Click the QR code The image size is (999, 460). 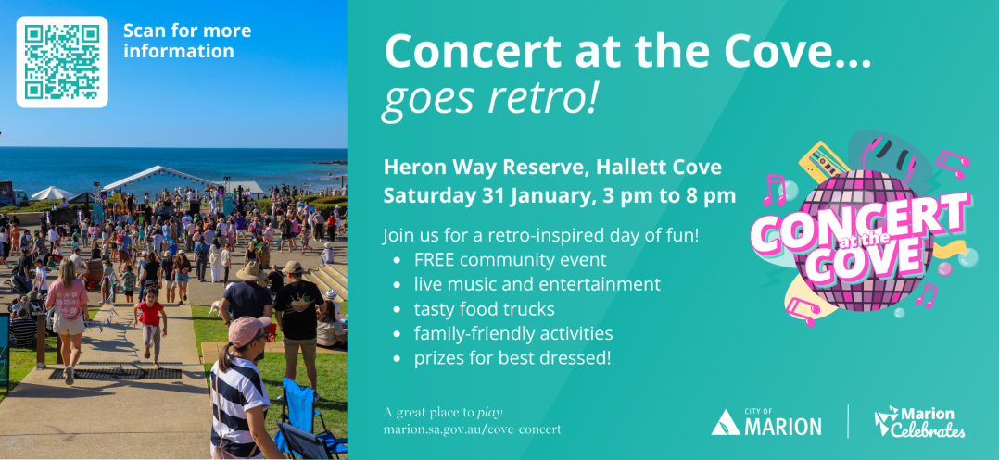pos(62,62)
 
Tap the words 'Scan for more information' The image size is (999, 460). pos(187,41)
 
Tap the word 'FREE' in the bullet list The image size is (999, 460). pos(436,260)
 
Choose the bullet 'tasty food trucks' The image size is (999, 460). pos(484,309)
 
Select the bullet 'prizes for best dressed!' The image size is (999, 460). pos(512,358)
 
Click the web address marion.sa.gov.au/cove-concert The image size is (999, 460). pos(472,429)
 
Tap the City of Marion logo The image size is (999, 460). pos(765,422)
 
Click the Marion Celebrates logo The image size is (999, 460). pos(919,422)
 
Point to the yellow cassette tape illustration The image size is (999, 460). pos(823,162)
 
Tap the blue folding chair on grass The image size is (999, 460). pos(306,417)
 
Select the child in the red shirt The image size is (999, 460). pos(150,327)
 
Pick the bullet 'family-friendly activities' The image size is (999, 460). pos(513,333)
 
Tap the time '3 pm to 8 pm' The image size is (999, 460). pos(668,196)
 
